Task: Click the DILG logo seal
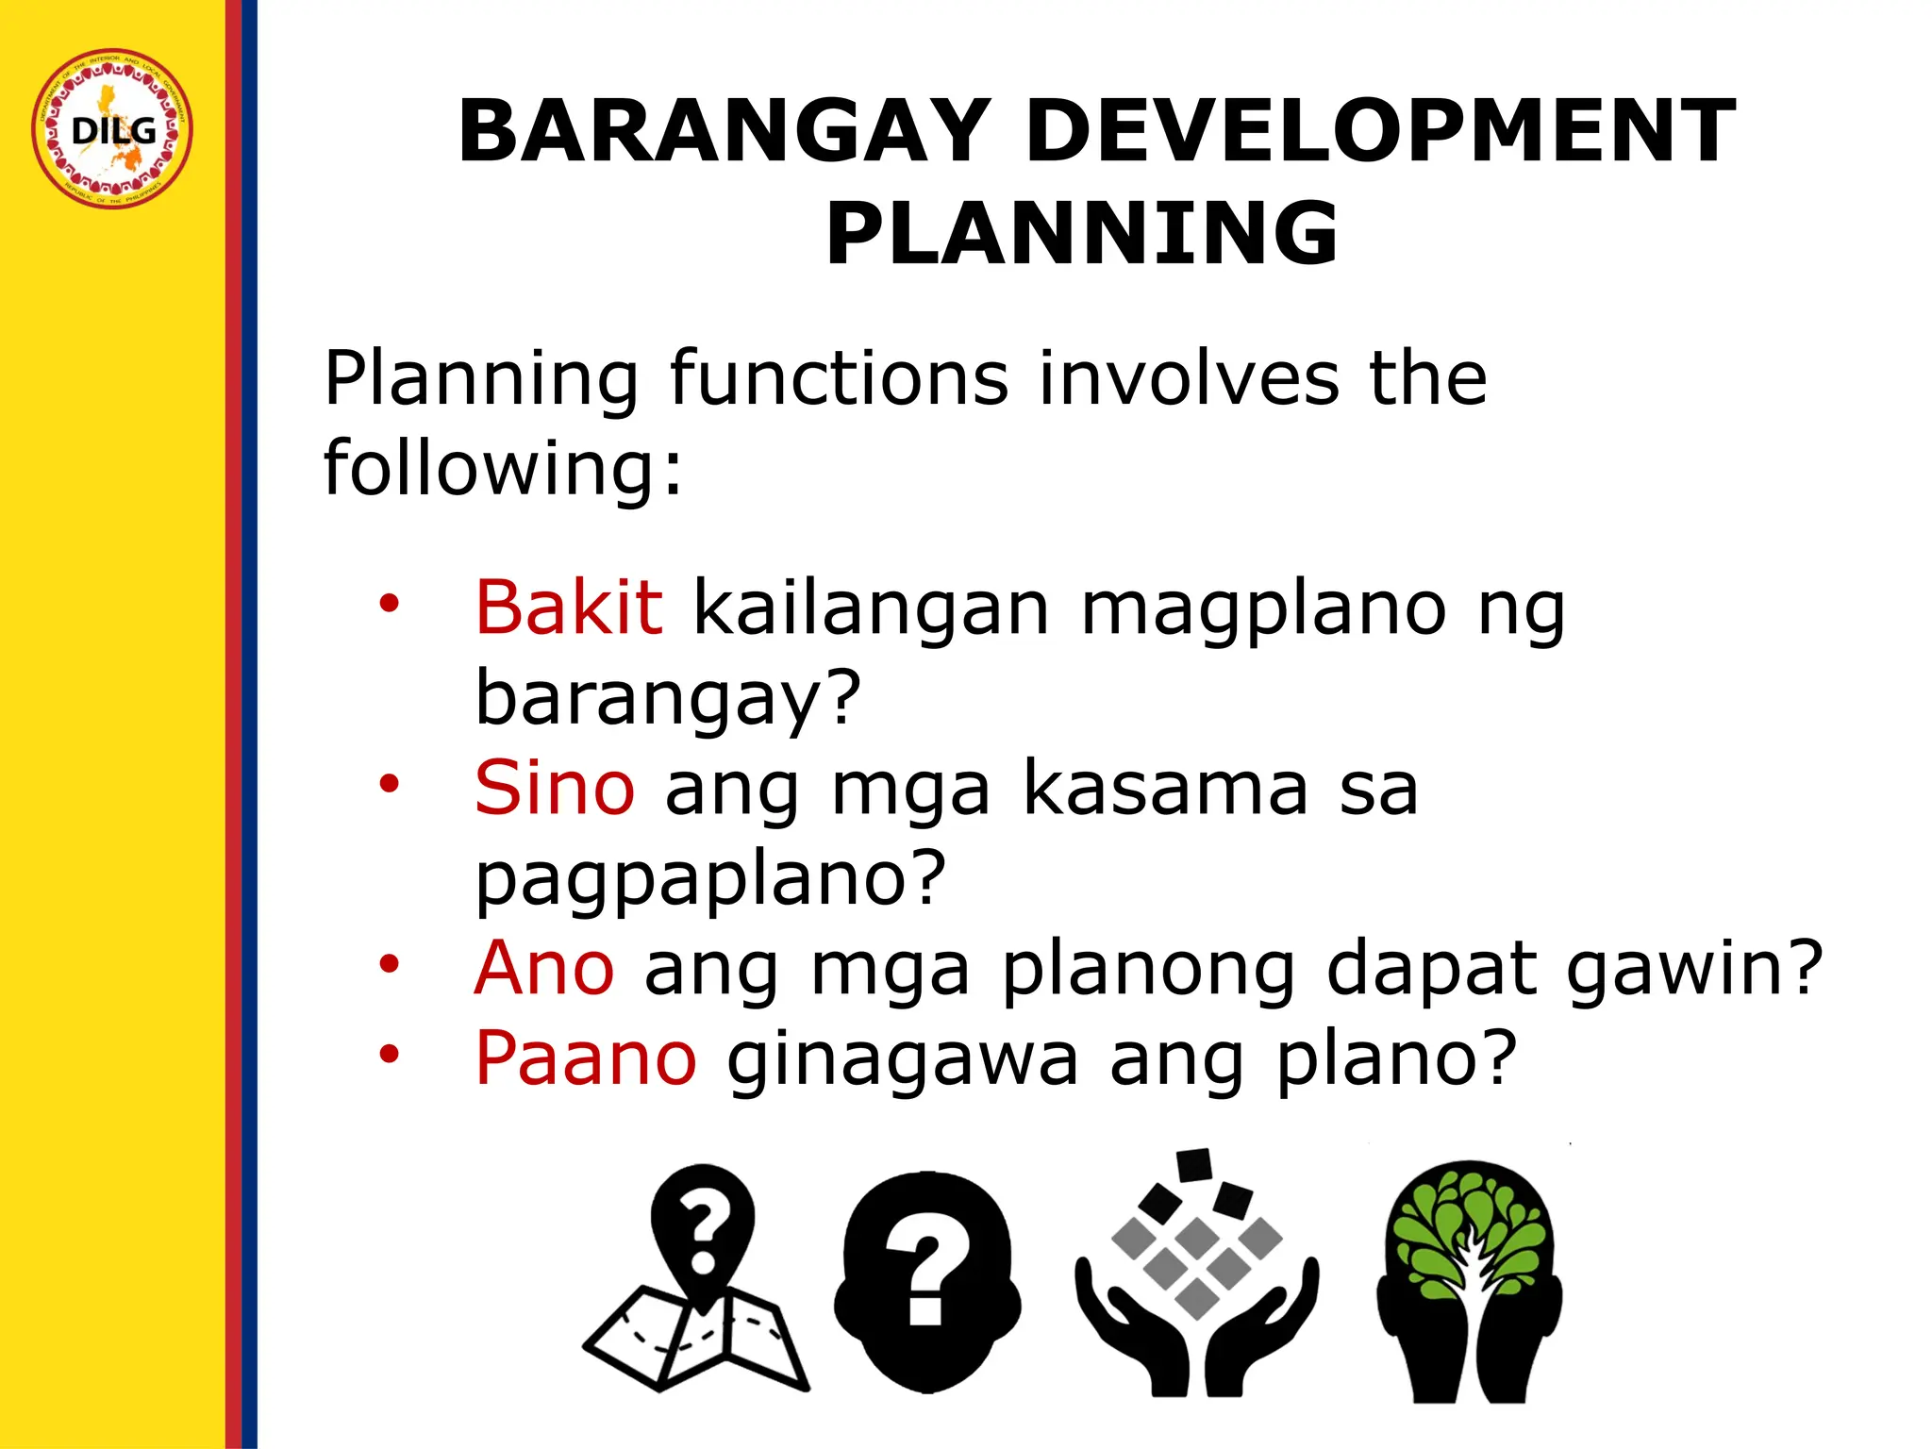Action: [112, 129]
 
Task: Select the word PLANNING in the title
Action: [1082, 234]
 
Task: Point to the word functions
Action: [839, 378]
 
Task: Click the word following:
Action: [503, 467]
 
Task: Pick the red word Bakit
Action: [569, 608]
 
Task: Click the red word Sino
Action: [555, 788]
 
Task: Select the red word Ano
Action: [544, 968]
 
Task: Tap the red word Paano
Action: [586, 1058]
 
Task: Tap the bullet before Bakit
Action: [390, 603]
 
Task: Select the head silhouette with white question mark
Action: [926, 1281]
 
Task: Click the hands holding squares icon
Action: [1196, 1302]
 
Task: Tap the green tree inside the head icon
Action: [1469, 1236]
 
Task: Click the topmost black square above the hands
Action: [1194, 1165]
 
